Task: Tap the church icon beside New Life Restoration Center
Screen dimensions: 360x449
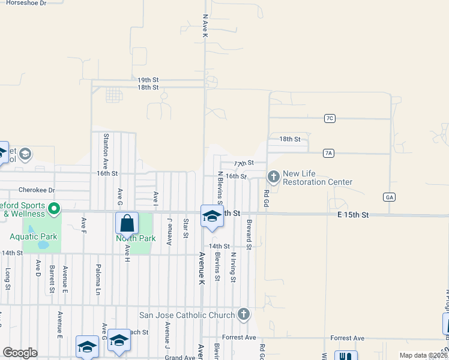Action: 274,176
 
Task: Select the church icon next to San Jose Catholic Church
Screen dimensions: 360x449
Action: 243,314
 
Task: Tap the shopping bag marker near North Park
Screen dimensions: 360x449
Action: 127,223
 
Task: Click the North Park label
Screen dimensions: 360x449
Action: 136,238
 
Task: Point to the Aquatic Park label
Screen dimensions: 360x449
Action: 34,236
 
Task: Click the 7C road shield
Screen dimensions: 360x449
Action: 329,118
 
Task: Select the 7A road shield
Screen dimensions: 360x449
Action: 328,153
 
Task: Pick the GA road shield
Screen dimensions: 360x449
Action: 390,197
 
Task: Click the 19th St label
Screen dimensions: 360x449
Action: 148,80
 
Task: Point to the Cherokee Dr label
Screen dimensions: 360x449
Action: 37,190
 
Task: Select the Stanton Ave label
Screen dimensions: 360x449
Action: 106,150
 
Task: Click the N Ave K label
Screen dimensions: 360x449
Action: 205,27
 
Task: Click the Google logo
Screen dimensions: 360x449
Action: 20,352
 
